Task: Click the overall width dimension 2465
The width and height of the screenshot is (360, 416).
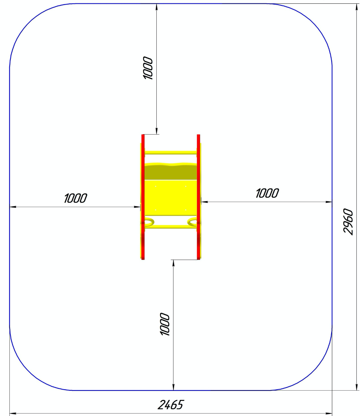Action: [x=170, y=405]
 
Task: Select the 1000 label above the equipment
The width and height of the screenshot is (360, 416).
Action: [x=148, y=68]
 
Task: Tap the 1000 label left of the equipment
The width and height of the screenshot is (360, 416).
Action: [x=75, y=198]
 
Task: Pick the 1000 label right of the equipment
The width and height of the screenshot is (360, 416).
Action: [x=267, y=193]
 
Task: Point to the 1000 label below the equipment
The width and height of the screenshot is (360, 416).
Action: [x=164, y=324]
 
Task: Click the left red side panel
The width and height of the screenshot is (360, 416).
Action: [x=143, y=197]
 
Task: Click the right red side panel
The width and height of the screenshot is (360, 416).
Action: [x=199, y=197]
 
